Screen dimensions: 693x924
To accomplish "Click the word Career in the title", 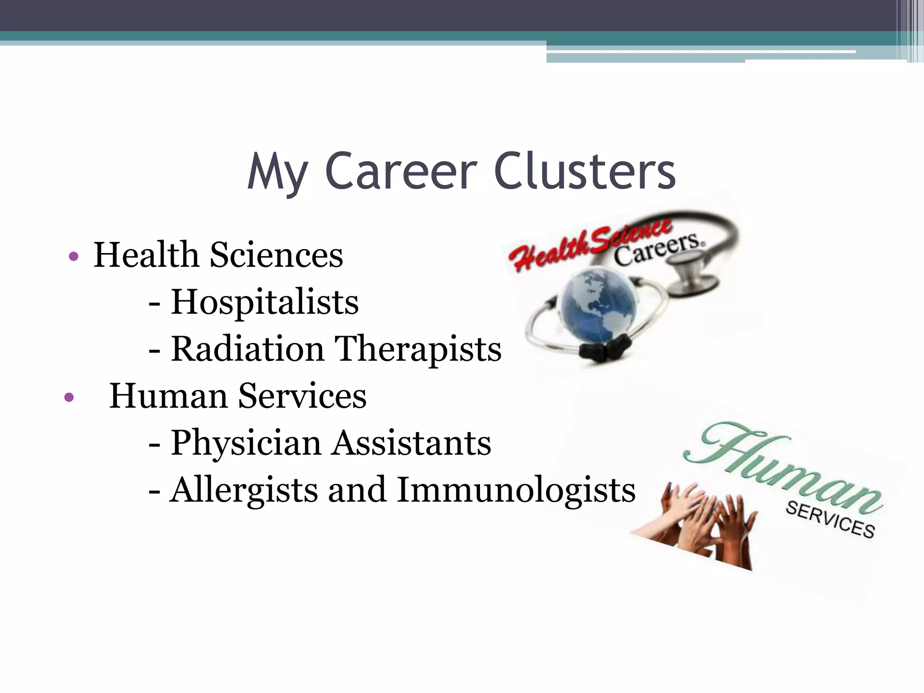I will click(x=401, y=171).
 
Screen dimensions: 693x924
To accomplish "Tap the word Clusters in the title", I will click(x=585, y=171).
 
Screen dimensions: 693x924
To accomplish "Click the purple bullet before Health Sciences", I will click(x=74, y=257).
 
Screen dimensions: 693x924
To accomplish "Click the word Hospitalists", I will click(x=264, y=302).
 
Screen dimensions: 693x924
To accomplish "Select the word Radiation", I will click(x=248, y=349).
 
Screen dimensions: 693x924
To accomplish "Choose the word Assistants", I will click(x=411, y=443).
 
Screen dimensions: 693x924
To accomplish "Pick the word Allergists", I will click(x=244, y=491).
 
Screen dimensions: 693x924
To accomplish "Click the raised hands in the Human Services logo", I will click(x=704, y=523).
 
